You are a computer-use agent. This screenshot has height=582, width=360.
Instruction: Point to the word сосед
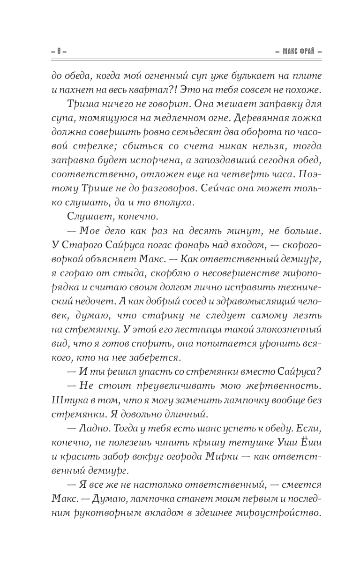point(157,305)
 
